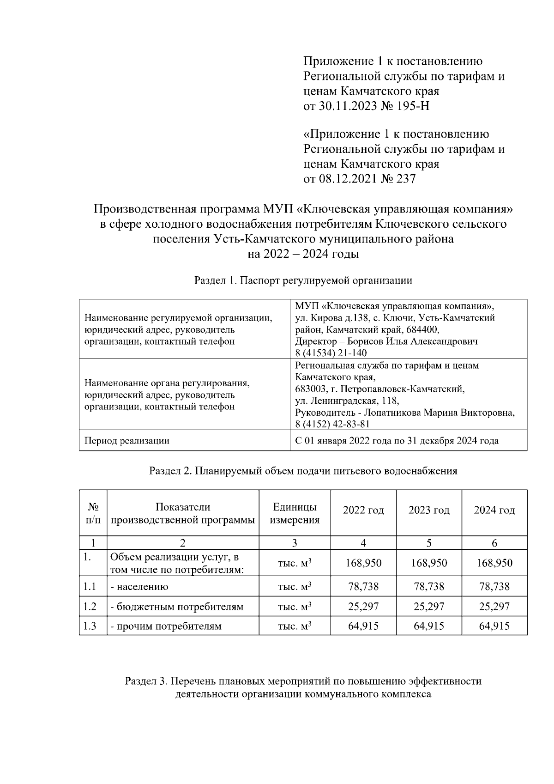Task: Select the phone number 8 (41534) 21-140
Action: [x=331, y=353]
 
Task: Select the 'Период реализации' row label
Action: [x=126, y=441]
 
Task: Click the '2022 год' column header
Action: [x=363, y=511]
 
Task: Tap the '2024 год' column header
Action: [x=494, y=511]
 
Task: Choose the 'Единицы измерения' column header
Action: [x=295, y=513]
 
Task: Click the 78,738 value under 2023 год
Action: [x=429, y=587]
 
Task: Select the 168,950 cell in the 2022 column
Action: [x=363, y=563]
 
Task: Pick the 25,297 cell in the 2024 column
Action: [x=494, y=607]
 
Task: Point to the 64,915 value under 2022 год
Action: [x=363, y=626]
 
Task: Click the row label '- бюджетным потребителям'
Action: [x=177, y=607]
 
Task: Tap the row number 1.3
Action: [x=90, y=626]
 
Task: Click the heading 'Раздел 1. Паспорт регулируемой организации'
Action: [x=303, y=280]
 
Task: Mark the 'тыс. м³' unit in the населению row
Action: [x=295, y=587]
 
